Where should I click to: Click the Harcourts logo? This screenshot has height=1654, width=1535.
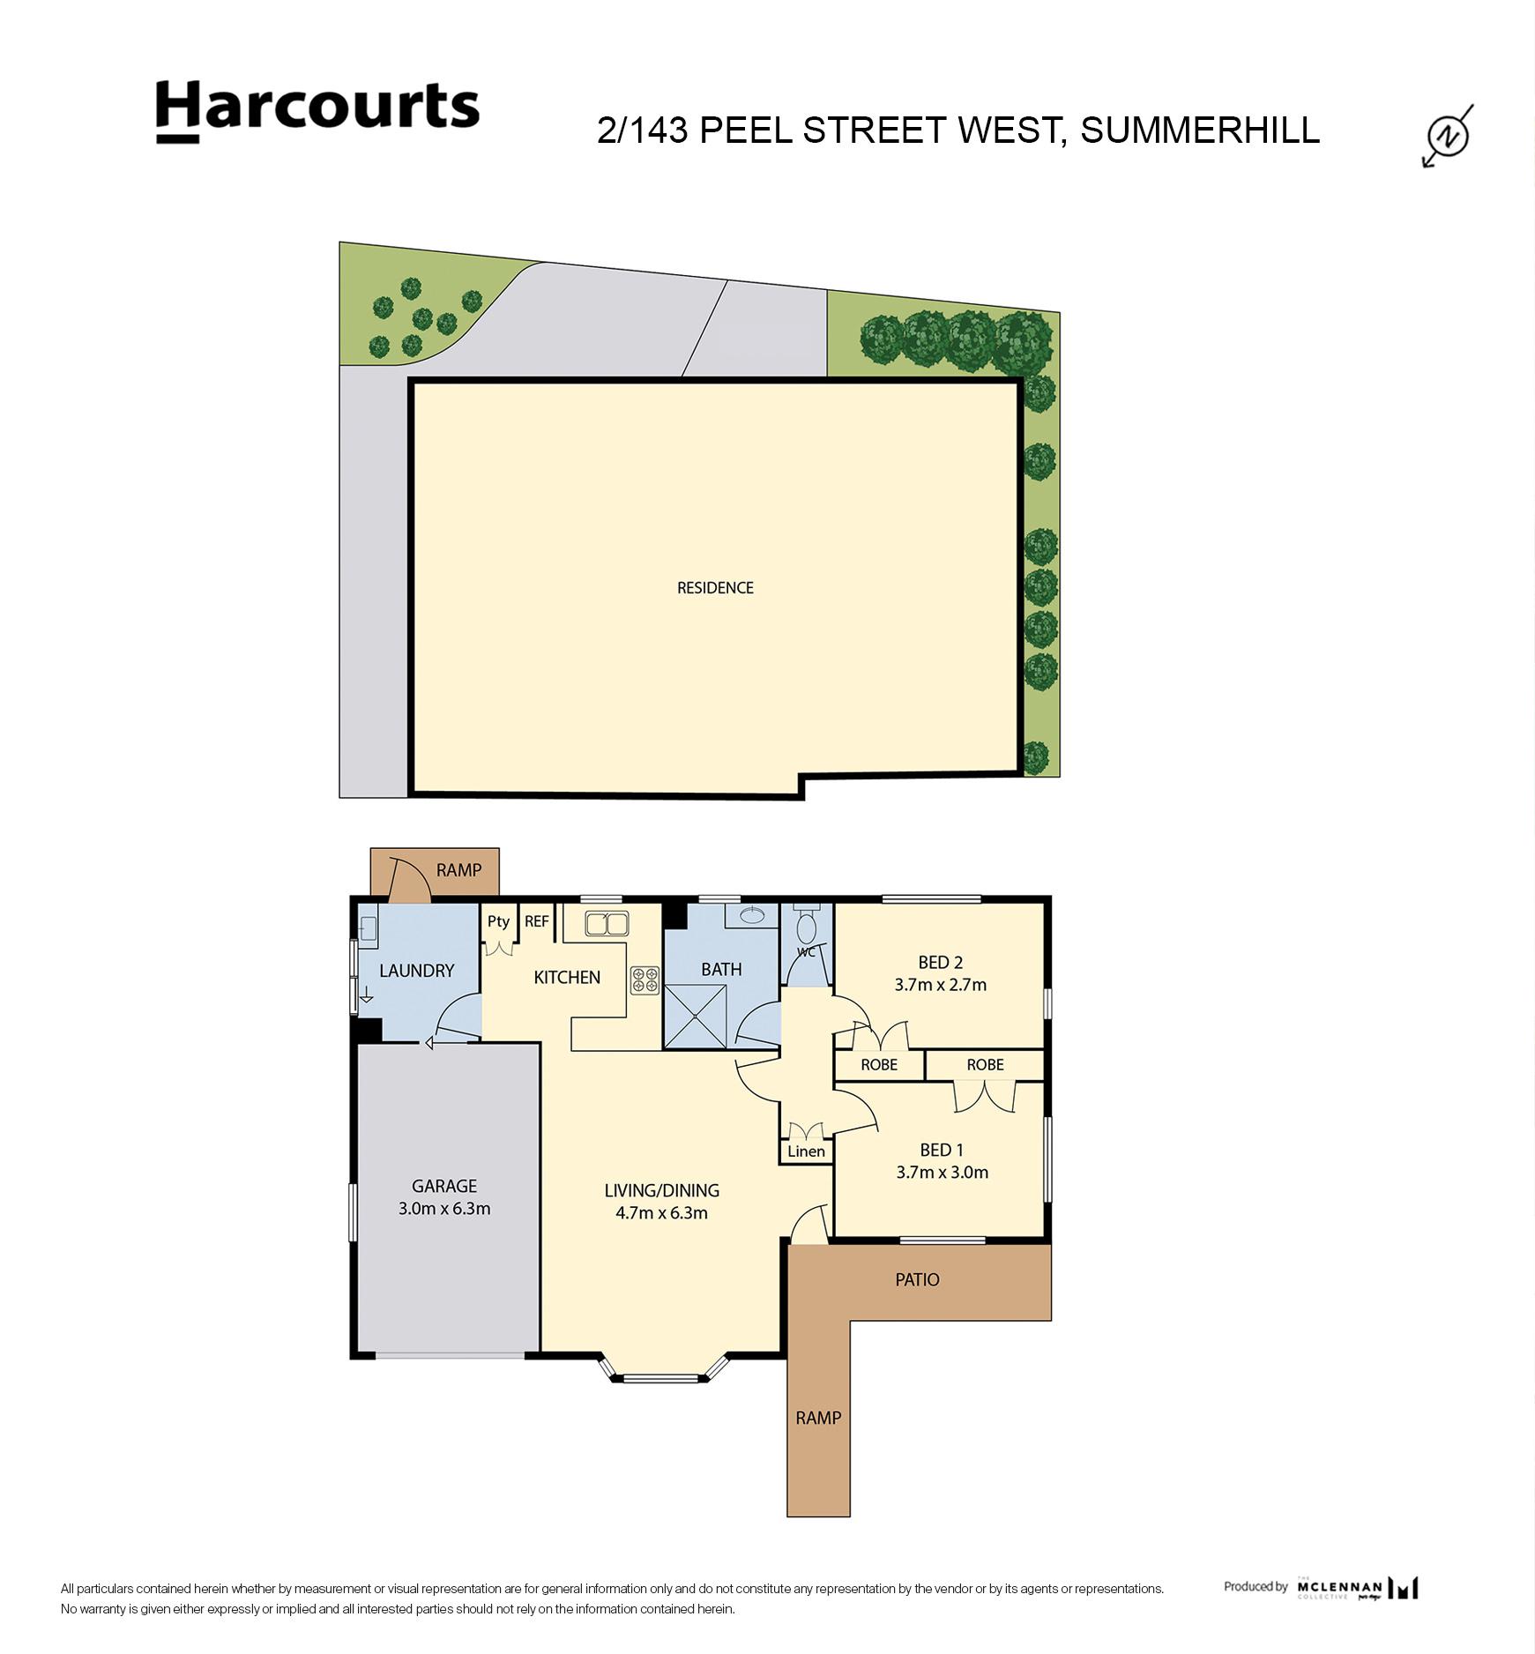[317, 111]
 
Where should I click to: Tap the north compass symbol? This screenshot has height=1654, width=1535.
[1449, 136]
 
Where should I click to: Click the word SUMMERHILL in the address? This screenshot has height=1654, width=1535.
[1200, 130]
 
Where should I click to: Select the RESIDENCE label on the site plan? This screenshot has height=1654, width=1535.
[715, 588]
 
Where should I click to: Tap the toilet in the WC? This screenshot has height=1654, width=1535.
[806, 928]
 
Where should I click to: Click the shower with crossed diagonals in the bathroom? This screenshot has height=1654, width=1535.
[696, 1017]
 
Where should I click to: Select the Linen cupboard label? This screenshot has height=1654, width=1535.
[806, 1151]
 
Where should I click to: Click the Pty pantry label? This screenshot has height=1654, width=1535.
[498, 921]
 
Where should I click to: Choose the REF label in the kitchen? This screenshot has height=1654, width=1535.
[537, 921]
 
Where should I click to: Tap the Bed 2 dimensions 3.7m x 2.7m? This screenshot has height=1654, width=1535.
[940, 985]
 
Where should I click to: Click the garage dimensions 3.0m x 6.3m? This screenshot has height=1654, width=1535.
[444, 1209]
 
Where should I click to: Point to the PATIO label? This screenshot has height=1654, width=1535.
[917, 1279]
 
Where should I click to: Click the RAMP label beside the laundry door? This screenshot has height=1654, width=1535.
[458, 870]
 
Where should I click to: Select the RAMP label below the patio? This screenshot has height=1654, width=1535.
[818, 1418]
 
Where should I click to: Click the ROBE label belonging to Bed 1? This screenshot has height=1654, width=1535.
[985, 1065]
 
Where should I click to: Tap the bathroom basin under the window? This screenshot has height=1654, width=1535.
[752, 915]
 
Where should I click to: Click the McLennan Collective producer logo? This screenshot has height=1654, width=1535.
[1357, 1588]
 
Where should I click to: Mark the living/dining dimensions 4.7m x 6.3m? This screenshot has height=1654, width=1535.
[661, 1213]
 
